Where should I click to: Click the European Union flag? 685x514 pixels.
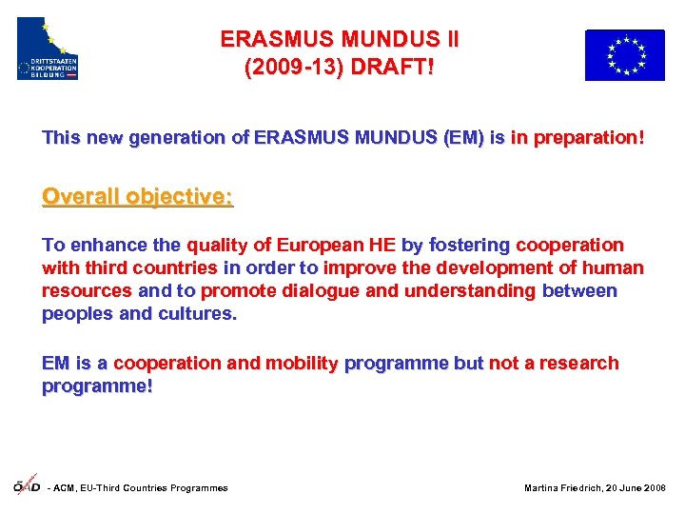click(x=624, y=54)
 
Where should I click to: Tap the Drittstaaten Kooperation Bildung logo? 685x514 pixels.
click(x=48, y=49)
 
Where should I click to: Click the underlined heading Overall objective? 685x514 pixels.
click(x=137, y=197)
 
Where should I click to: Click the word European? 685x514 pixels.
click(x=322, y=246)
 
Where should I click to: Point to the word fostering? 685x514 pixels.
click(x=469, y=246)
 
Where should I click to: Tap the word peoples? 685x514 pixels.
click(x=76, y=314)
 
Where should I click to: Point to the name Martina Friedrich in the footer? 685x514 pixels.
click(x=560, y=488)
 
